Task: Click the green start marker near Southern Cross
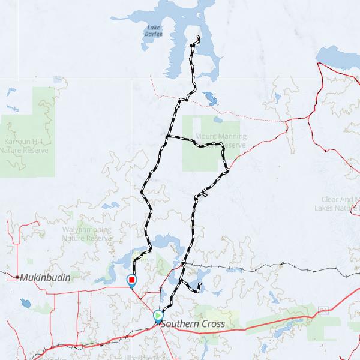[x=158, y=314]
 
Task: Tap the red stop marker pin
[x=131, y=280]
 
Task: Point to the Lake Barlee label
[x=153, y=30]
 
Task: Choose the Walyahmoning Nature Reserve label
[x=87, y=234]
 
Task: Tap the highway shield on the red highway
[x=325, y=310]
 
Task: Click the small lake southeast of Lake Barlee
[x=211, y=98]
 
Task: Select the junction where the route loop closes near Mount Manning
[x=166, y=137]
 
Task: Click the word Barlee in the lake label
[x=154, y=34]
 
